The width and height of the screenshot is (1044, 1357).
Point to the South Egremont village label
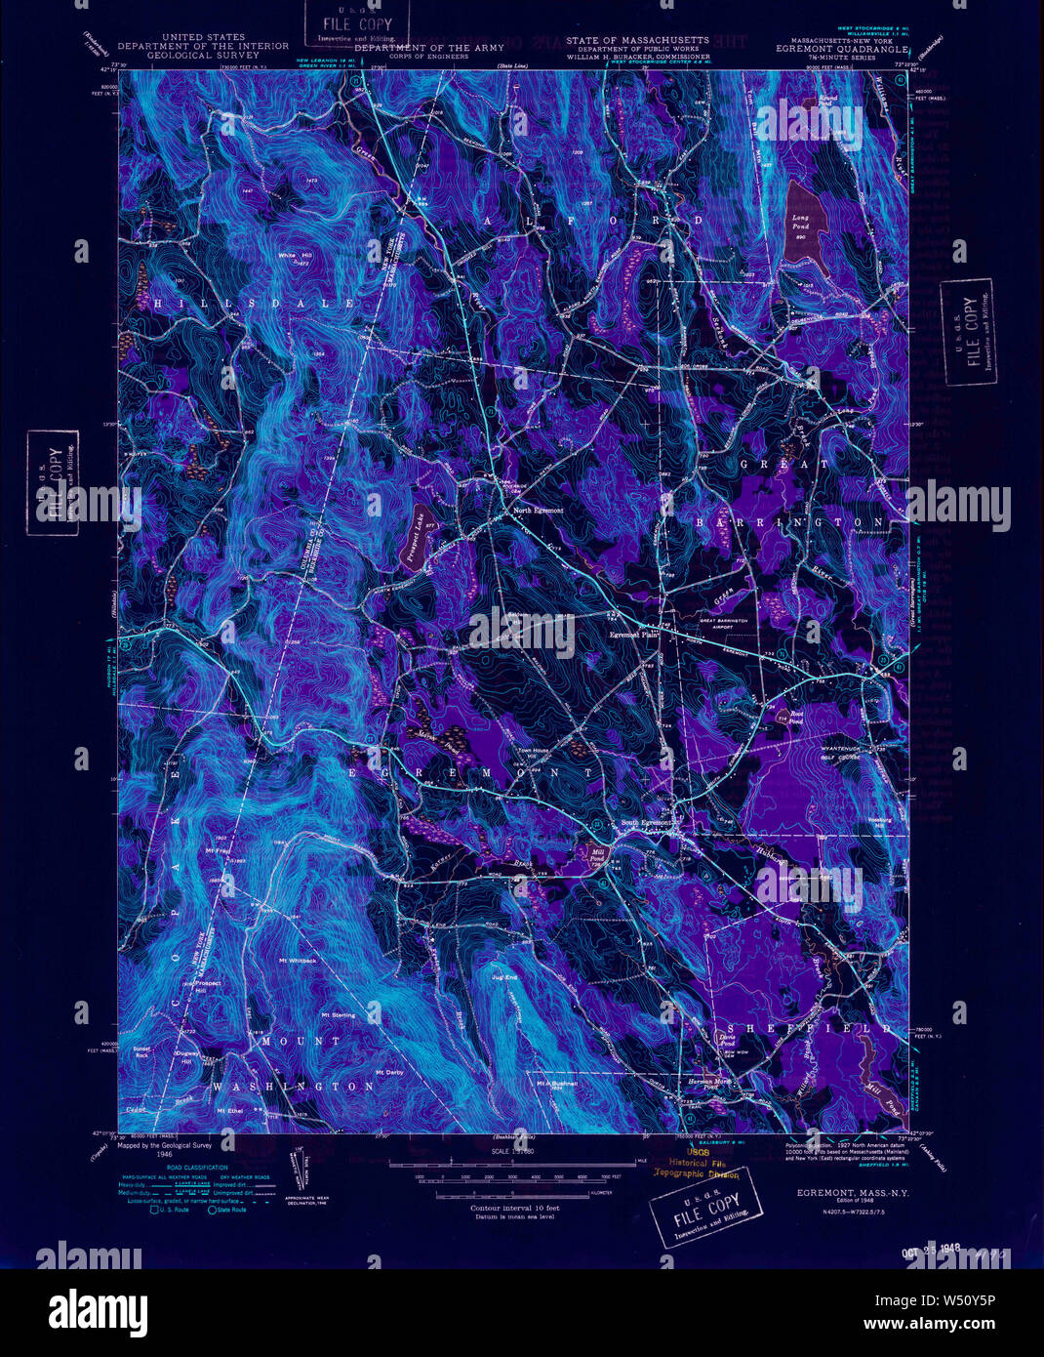pos(646,823)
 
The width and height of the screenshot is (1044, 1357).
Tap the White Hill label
pos(293,257)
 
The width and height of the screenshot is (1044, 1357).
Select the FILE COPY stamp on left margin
pos(54,482)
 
